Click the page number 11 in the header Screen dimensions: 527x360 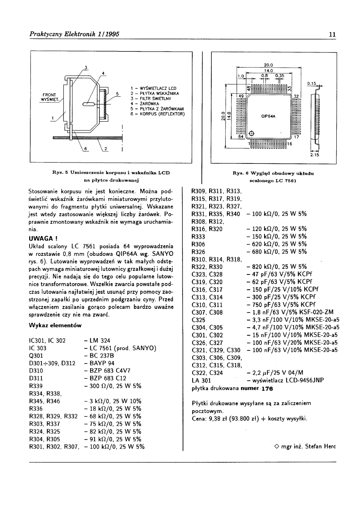pos(332,34)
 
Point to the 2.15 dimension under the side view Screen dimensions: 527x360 pos(314,155)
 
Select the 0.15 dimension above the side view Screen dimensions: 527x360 pos(312,84)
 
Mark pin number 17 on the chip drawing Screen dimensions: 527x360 pos(296,137)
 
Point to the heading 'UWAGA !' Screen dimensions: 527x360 pos(40,239)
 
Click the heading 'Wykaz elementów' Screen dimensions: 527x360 pos(55,326)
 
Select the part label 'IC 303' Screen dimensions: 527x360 pos(38,348)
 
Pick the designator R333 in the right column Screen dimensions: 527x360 pos(198,237)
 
